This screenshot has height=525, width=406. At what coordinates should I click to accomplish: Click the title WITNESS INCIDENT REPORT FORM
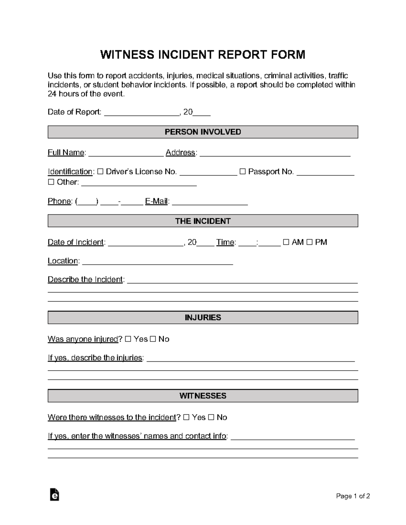[203, 55]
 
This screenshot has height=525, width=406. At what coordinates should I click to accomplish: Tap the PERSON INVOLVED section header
[203, 132]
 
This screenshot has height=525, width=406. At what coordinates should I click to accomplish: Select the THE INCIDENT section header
[203, 221]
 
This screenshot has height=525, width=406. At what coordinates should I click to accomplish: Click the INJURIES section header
[203, 317]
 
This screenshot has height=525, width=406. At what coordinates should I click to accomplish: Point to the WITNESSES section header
[203, 396]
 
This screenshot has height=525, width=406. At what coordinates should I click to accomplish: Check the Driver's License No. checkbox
[100, 172]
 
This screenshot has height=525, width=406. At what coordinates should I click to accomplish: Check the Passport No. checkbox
[242, 172]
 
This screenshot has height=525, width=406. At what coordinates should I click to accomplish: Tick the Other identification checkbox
[51, 182]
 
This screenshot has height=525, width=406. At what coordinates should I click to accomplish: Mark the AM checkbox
[286, 242]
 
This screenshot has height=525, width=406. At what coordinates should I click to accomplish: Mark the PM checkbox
[309, 242]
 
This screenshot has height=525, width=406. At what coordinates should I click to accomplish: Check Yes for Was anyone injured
[128, 339]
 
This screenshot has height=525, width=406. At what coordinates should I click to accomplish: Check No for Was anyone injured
[153, 339]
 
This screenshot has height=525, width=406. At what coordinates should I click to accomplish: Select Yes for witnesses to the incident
[186, 417]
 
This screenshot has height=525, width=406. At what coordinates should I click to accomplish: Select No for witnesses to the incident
[211, 417]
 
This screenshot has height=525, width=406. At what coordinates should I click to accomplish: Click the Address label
[180, 153]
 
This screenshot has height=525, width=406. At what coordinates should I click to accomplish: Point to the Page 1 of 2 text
[353, 496]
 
